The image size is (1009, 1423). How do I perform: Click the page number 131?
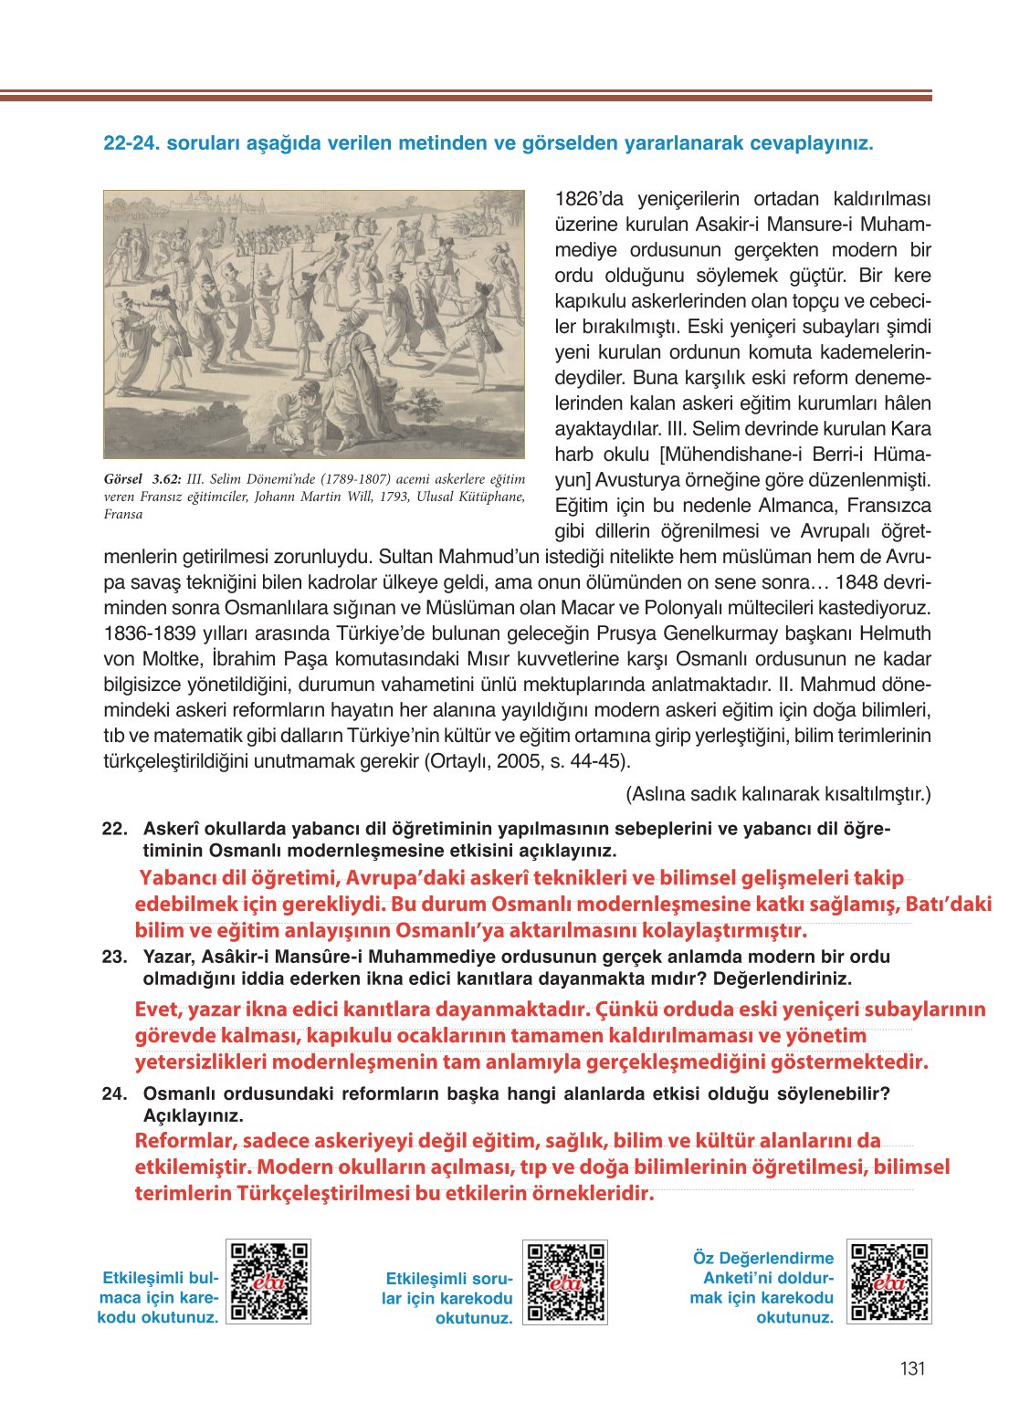912,1368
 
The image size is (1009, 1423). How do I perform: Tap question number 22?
114,829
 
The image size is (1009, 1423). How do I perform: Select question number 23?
114,957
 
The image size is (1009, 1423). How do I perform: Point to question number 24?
114,1093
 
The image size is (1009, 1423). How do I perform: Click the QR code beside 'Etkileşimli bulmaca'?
268,1282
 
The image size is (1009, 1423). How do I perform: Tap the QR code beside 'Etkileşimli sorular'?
565,1282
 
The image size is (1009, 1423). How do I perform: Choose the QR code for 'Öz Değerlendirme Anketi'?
888,1282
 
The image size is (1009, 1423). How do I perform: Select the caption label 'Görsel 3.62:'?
142,479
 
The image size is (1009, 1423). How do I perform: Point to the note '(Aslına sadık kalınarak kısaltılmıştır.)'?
778,794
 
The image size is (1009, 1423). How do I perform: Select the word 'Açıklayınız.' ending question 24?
193,1115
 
